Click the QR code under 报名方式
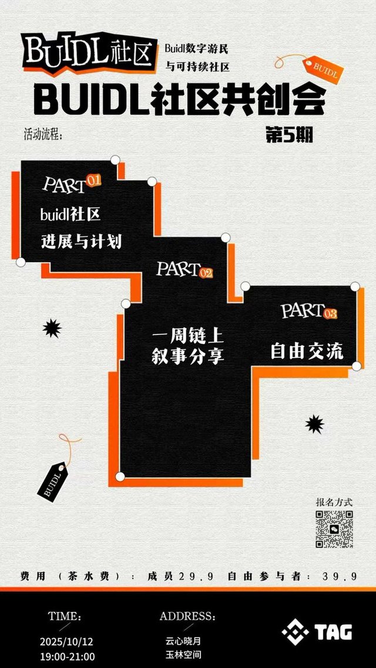tap(334, 529)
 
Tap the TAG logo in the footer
tap(317, 632)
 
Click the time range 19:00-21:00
tap(67, 656)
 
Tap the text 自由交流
tap(307, 351)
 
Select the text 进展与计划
tap(82, 241)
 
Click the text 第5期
tap(288, 135)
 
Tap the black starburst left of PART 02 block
tap(52, 329)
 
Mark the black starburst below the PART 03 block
tap(315, 424)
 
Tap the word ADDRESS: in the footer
tap(187, 617)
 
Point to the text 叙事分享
tap(188, 356)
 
